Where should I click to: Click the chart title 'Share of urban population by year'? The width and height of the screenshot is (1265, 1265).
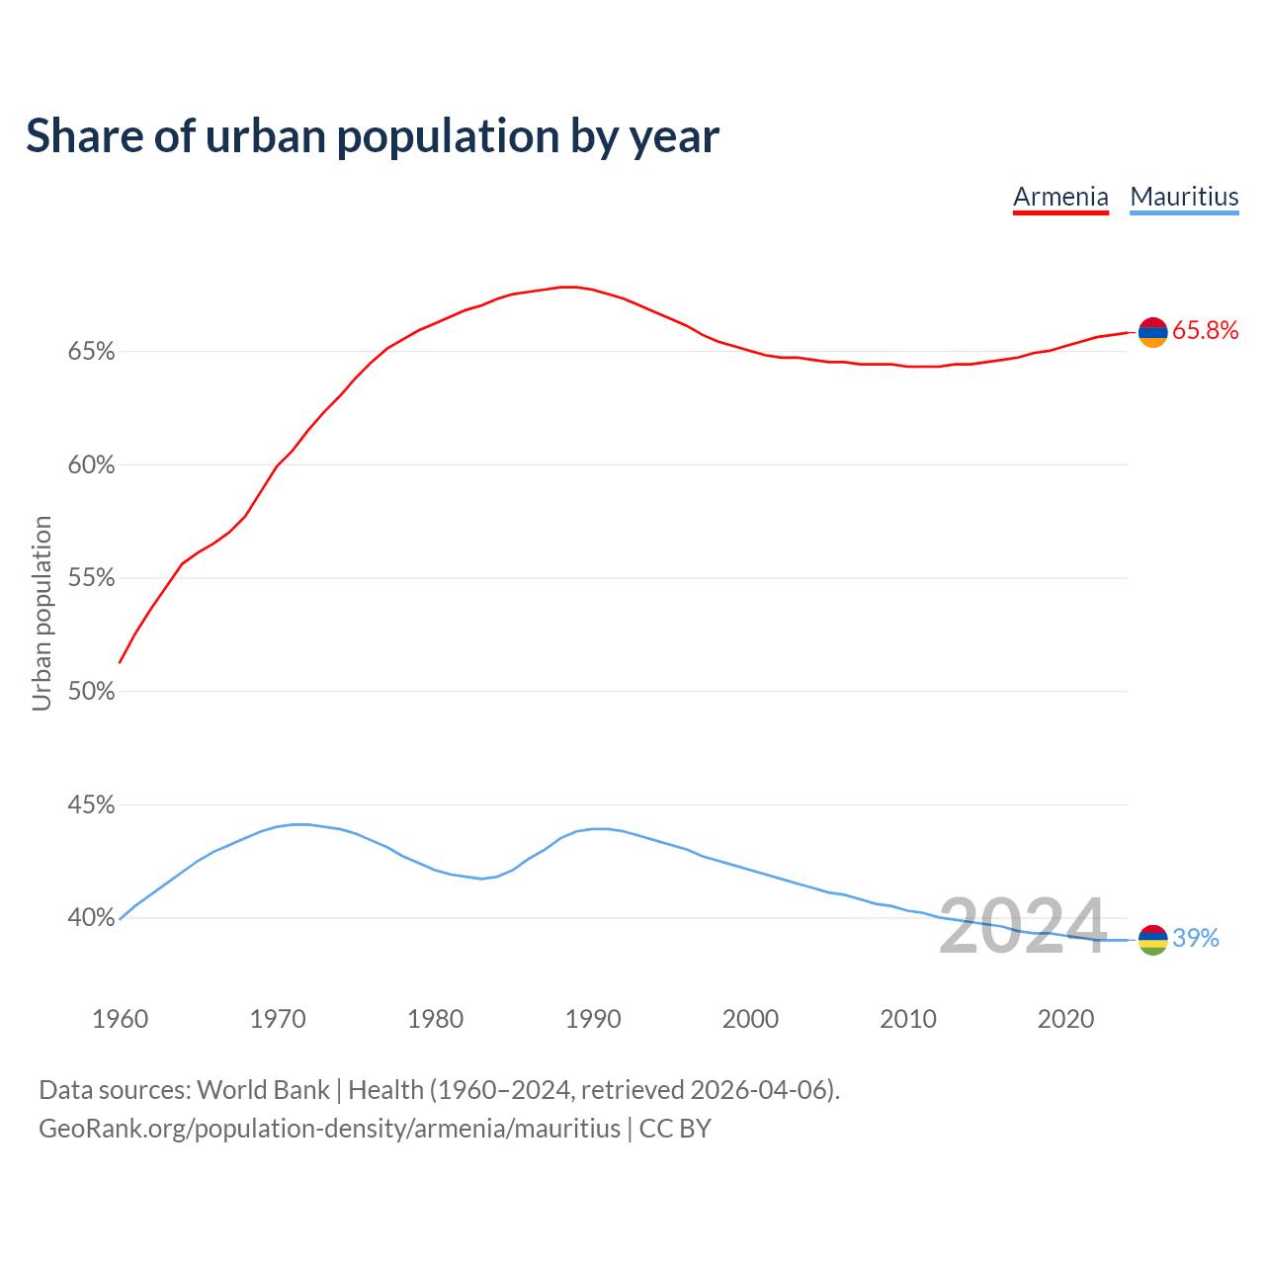[373, 136]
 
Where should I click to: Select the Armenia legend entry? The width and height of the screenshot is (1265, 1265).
[1060, 197]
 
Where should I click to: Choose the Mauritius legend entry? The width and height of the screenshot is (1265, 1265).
[1184, 197]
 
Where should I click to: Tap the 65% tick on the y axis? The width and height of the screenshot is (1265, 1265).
[92, 352]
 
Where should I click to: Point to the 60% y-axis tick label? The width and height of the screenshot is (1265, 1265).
[92, 465]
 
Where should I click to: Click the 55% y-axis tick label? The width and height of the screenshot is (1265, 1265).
[92, 578]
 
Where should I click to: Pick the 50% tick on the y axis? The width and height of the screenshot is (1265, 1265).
[92, 692]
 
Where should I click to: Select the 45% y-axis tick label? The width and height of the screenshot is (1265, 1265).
[92, 805]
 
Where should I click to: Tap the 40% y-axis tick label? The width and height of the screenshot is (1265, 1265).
[92, 918]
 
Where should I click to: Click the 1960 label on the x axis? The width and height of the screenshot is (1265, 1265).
[120, 1019]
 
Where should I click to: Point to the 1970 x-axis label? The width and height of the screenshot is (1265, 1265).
[278, 1019]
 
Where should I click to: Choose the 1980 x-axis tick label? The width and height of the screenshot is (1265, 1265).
[435, 1019]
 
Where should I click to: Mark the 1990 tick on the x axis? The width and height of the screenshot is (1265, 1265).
[593, 1019]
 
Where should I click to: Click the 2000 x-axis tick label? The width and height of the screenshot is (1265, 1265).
[750, 1019]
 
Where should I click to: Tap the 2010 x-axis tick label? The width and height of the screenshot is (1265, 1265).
[908, 1019]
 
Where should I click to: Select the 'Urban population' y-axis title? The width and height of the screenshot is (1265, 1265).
[42, 613]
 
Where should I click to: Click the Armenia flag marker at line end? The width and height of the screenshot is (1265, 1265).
[1153, 333]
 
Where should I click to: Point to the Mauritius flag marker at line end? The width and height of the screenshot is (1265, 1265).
[1153, 940]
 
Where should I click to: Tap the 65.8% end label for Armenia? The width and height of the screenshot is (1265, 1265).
[1206, 331]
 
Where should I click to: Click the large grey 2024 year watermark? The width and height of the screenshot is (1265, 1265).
[1022, 926]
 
